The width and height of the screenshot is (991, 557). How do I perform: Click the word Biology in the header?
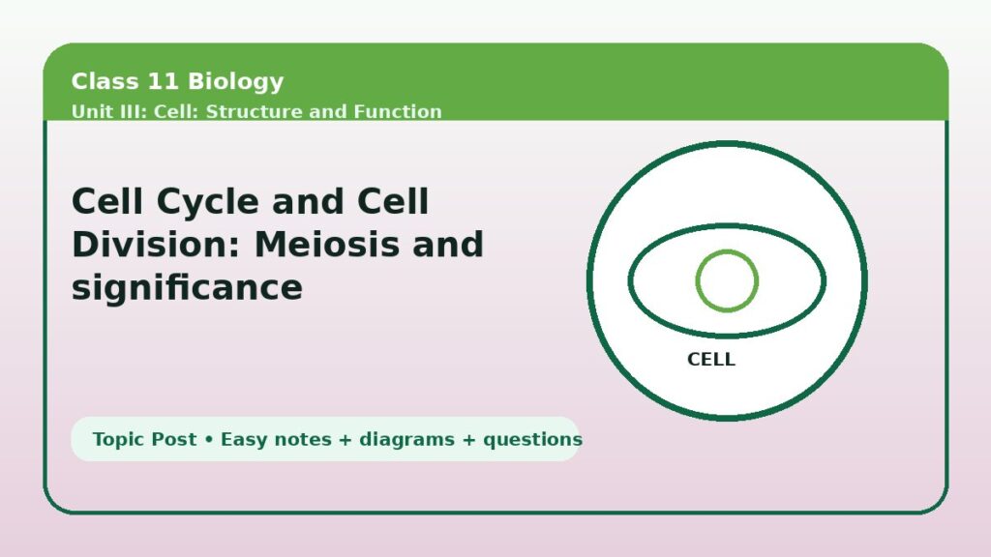[x=236, y=82]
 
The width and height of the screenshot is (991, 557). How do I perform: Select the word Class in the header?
[x=105, y=81]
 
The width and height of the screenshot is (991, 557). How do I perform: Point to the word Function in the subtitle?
[x=398, y=111]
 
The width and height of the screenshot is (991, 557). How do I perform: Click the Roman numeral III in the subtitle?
[x=133, y=111]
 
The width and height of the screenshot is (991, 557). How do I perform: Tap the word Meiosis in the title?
[x=327, y=244]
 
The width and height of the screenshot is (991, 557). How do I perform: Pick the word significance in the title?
[x=187, y=287]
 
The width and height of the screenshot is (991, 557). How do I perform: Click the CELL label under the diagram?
[x=711, y=360]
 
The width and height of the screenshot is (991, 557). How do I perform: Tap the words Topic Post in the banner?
[x=144, y=439]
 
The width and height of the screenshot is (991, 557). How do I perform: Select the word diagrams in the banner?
[x=406, y=439]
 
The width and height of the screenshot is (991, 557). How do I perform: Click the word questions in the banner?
[x=532, y=440]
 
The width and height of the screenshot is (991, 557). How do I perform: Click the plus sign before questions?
[x=469, y=440]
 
